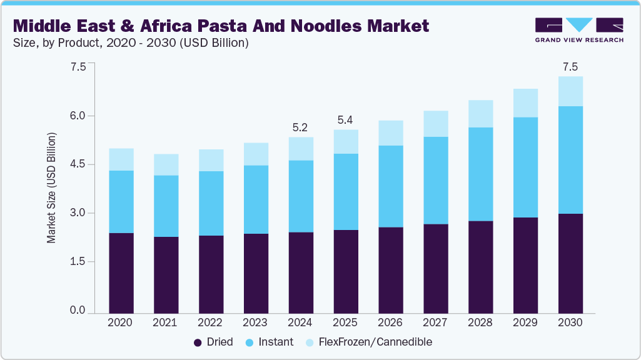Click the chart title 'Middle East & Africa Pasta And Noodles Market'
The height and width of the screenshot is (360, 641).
(x=221, y=26)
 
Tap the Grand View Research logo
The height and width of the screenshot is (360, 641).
(x=579, y=30)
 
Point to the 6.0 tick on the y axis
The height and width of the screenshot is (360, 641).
(x=78, y=116)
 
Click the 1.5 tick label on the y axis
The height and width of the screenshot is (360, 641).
(x=78, y=262)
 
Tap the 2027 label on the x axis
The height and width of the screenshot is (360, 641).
(x=435, y=322)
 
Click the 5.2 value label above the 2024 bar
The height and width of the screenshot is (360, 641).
(x=300, y=127)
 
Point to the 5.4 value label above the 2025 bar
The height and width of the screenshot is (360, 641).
(x=345, y=120)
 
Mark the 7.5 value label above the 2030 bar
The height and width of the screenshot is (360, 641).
(x=570, y=67)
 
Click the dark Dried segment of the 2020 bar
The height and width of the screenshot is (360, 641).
(x=121, y=272)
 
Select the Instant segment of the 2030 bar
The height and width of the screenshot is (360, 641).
(x=570, y=160)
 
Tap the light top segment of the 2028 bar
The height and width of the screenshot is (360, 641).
(x=480, y=114)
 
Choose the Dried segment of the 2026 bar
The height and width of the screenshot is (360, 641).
(x=390, y=270)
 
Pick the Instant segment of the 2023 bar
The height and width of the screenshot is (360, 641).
(x=255, y=199)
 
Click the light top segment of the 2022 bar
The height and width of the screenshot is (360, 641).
(x=211, y=160)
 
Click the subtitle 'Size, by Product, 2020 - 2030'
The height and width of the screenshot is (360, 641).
(x=131, y=43)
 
